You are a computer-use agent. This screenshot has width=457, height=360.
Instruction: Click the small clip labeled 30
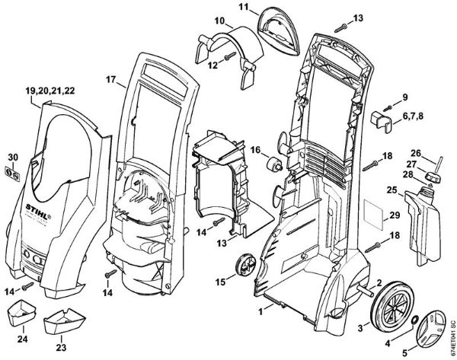[x=13, y=172]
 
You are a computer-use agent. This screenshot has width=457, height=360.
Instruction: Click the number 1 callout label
[x=260, y=312]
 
